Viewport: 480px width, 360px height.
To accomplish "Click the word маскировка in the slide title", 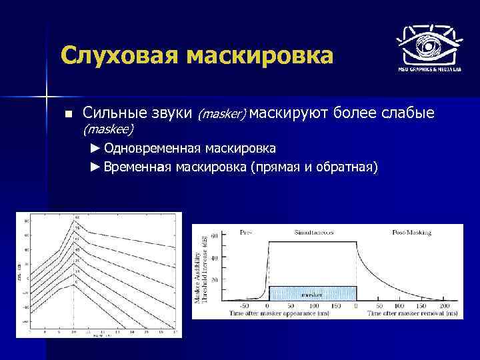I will coord(263,55).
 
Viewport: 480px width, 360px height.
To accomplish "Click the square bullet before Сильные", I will coord(67,115).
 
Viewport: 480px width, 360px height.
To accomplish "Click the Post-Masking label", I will coord(411,233).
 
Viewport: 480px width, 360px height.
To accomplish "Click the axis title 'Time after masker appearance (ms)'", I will coord(282,312).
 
